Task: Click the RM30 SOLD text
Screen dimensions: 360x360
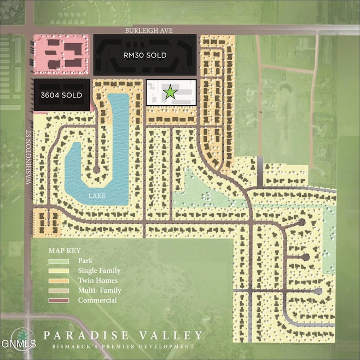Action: coord(144,55)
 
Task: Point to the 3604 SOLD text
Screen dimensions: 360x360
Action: coord(61,95)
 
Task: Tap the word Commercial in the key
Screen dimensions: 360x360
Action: coord(97,300)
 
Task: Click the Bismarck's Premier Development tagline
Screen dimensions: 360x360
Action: coord(122,346)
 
